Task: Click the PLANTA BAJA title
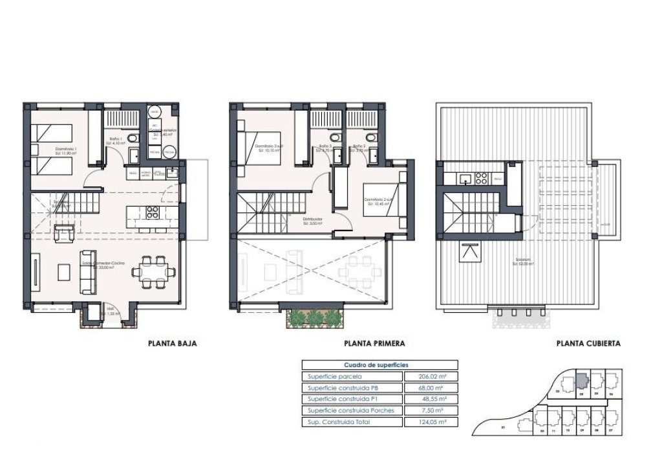[172, 344]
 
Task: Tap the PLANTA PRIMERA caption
[374, 344]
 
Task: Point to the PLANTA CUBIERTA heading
[588, 344]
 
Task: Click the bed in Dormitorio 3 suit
[258, 148]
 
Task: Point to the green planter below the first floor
[315, 317]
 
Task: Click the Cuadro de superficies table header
[379, 365]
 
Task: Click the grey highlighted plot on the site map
[581, 379]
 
